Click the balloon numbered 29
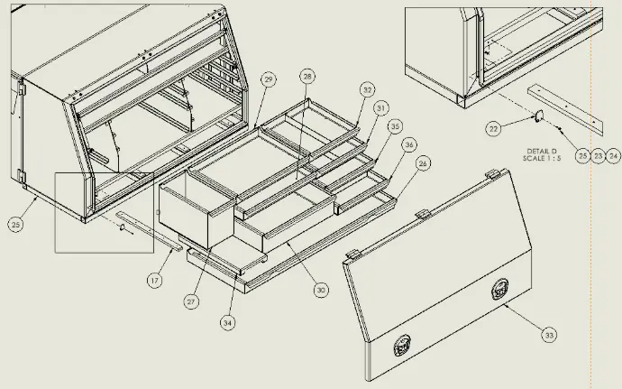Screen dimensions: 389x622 point(268,80)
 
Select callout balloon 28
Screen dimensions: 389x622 point(307,77)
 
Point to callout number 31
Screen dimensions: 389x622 point(381,107)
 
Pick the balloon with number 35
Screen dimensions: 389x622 point(394,126)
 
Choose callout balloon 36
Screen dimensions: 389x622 point(409,144)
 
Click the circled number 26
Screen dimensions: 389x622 point(423,163)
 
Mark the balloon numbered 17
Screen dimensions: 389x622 point(154,281)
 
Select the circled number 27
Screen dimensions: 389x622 point(191,301)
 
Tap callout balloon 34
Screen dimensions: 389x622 point(227,320)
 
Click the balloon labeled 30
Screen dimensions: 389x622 point(321,290)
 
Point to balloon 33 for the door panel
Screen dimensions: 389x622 point(548,335)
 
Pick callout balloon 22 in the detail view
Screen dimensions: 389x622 point(493,129)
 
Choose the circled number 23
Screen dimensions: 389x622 point(599,156)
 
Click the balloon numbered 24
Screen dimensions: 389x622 point(614,156)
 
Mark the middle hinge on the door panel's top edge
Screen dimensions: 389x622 point(420,213)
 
